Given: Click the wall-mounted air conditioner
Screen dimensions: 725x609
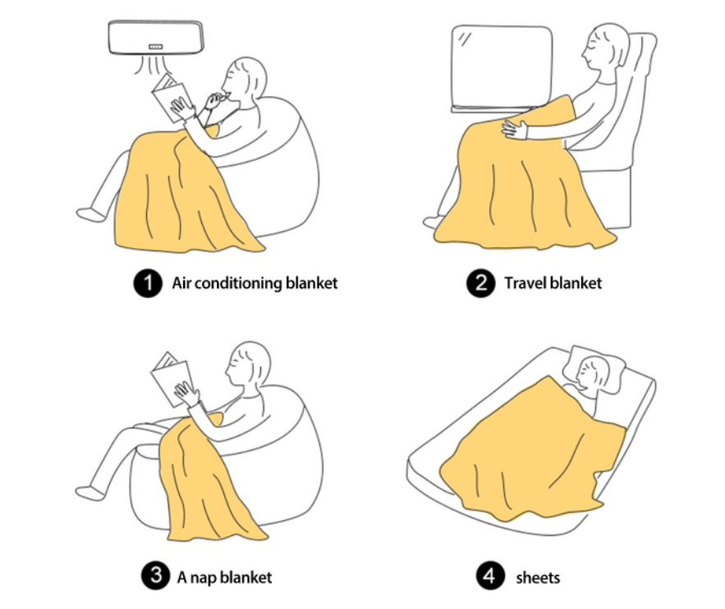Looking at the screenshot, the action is click(x=156, y=37).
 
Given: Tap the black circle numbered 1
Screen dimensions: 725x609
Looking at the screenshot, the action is click(x=148, y=283).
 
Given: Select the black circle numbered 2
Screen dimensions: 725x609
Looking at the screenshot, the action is click(x=481, y=283).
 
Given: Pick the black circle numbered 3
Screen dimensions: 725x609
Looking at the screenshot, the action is click(x=156, y=575).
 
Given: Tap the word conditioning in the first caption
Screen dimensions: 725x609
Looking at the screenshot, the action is click(x=236, y=283).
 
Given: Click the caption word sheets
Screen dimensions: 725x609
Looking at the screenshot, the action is click(x=538, y=578).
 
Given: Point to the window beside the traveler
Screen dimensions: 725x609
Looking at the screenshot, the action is click(x=502, y=68).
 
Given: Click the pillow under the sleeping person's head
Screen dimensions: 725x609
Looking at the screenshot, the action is click(x=595, y=369).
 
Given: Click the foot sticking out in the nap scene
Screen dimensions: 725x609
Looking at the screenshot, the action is click(x=89, y=493).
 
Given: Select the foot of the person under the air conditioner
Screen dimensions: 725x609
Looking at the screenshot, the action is click(x=90, y=215).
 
